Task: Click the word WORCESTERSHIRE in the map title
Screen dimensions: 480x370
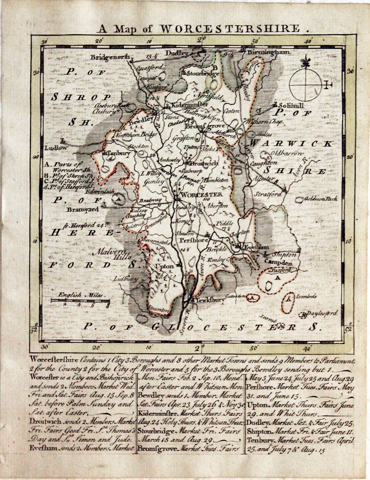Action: pyautogui.click(x=230, y=29)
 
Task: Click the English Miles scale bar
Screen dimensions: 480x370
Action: pyautogui.click(x=80, y=300)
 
